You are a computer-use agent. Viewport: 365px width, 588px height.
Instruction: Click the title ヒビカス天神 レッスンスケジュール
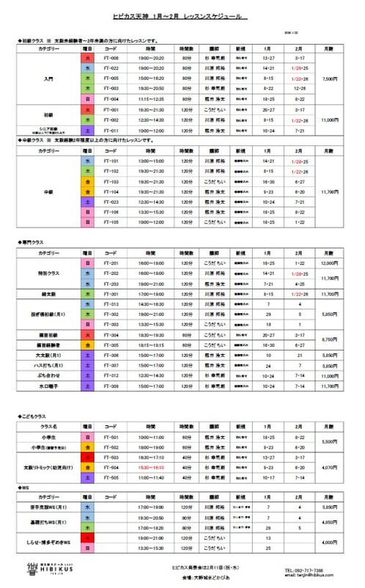click(182, 16)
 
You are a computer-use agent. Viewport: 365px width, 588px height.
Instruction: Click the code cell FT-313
click(111, 304)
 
